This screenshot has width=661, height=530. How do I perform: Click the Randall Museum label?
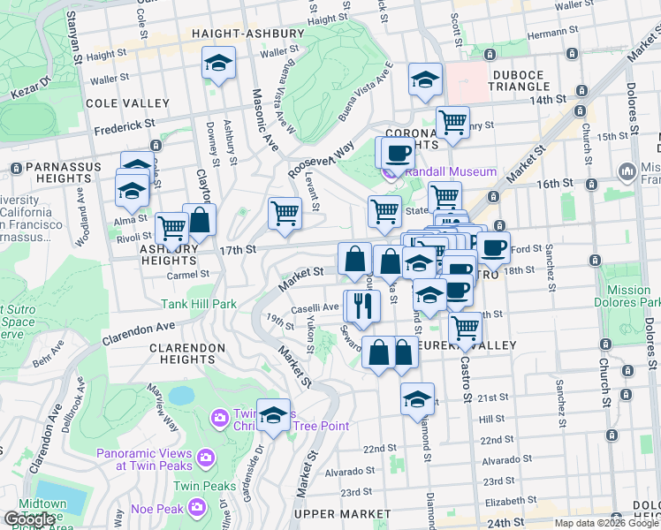click(451, 171)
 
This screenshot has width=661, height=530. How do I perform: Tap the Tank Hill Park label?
click(199, 304)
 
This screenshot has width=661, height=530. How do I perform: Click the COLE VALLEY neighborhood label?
click(121, 103)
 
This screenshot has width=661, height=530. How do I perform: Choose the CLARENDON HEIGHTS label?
click(187, 353)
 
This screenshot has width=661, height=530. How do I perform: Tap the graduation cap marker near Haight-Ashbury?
click(218, 64)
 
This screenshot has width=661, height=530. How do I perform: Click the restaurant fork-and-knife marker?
click(362, 305)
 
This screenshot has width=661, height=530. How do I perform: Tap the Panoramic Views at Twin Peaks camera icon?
click(206, 457)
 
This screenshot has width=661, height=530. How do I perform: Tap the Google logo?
click(29, 519)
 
